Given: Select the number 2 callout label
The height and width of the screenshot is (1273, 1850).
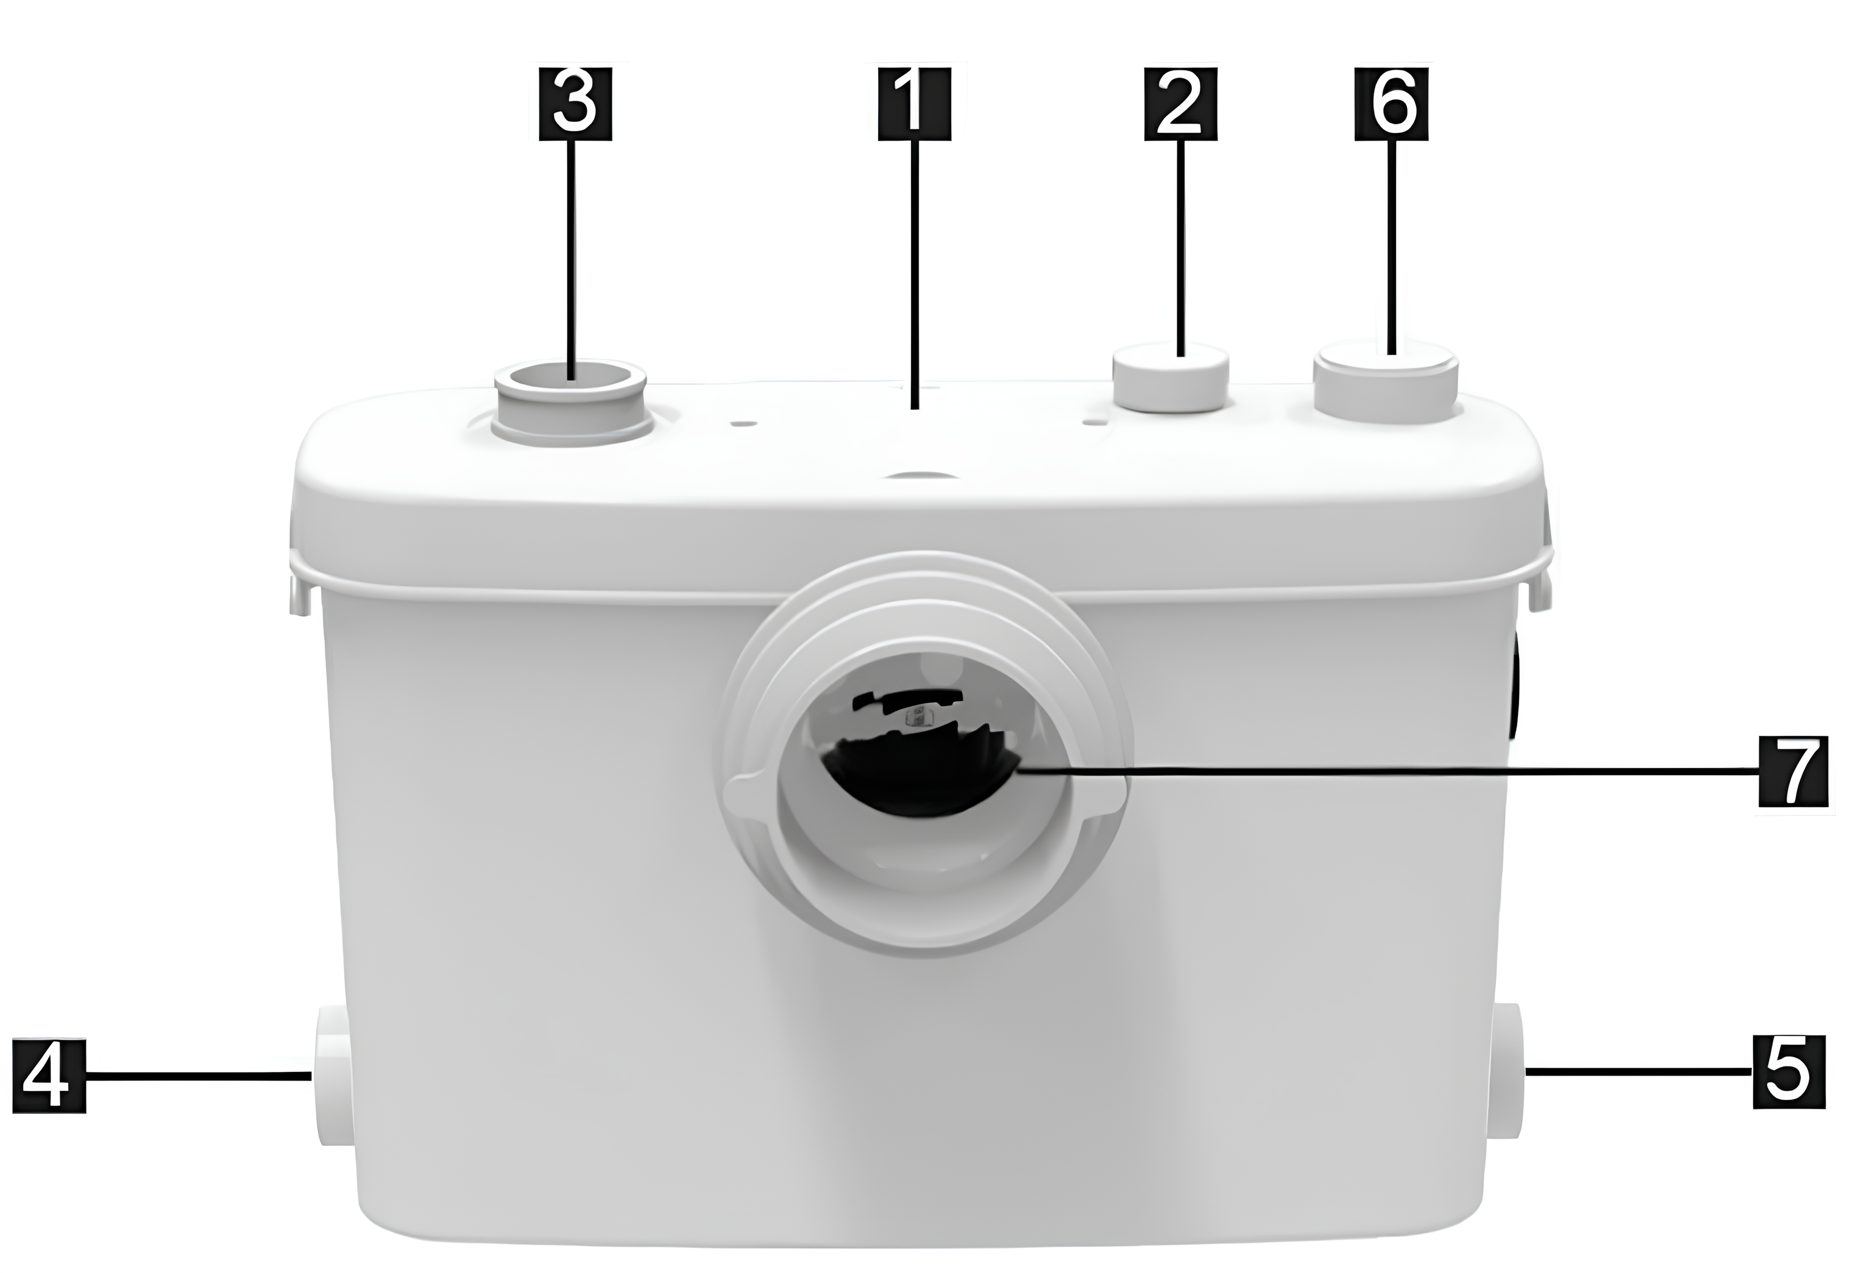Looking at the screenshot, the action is tap(1182, 105).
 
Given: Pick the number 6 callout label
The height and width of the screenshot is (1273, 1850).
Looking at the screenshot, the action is tap(1392, 105).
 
